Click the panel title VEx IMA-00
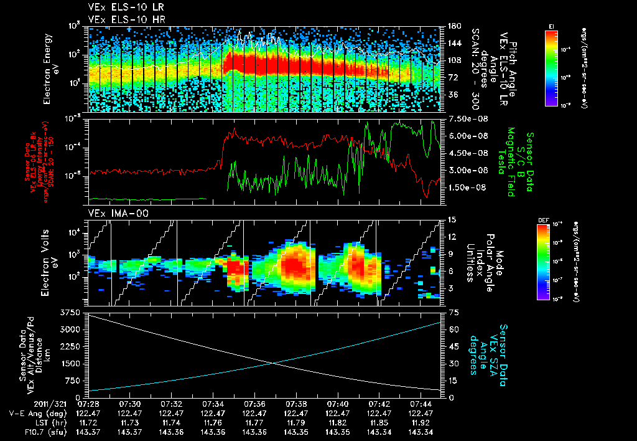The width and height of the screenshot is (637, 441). point(110,213)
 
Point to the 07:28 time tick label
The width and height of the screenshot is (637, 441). point(88,404)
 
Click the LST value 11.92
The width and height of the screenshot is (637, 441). point(421,422)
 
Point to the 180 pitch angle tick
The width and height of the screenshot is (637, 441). point(453,26)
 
